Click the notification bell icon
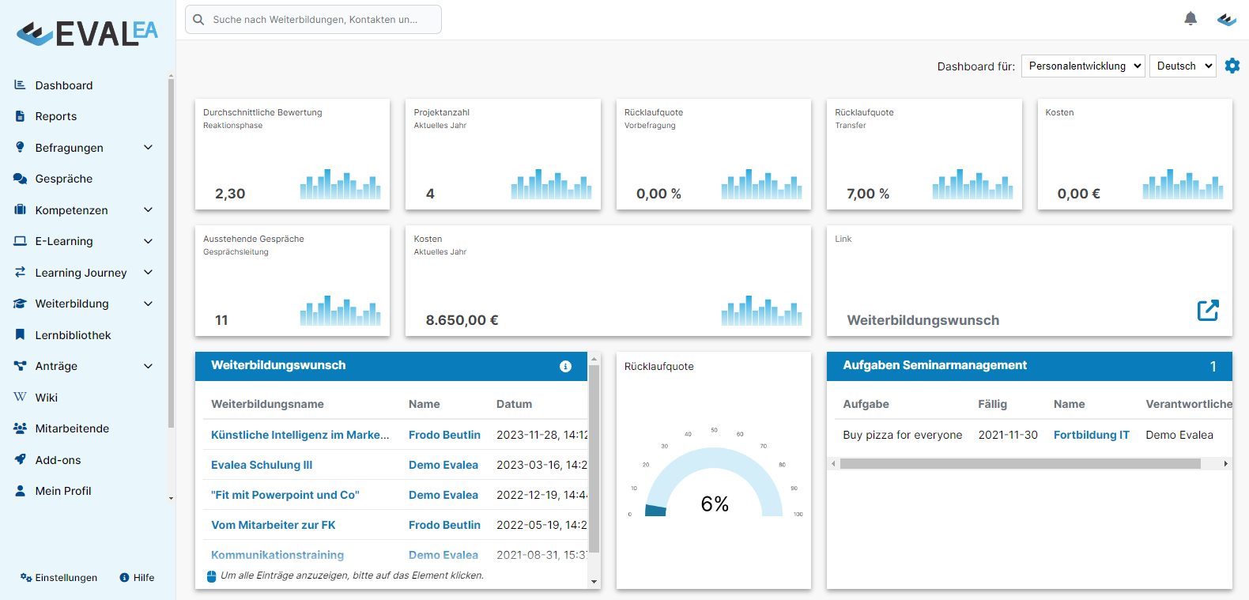click(1191, 18)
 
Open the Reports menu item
click(55, 116)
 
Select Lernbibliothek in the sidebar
click(73, 335)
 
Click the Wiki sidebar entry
click(46, 398)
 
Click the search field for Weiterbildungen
click(314, 20)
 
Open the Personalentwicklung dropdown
click(1083, 66)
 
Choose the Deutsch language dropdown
click(1183, 66)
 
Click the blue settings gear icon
click(1232, 66)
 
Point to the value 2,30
click(230, 194)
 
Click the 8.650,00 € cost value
click(462, 320)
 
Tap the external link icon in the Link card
click(1207, 310)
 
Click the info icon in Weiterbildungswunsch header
click(565, 366)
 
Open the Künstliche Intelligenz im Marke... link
click(300, 435)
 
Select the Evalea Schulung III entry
click(262, 465)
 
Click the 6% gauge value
click(715, 504)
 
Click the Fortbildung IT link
click(1091, 435)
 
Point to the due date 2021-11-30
click(1008, 435)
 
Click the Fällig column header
click(992, 404)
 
